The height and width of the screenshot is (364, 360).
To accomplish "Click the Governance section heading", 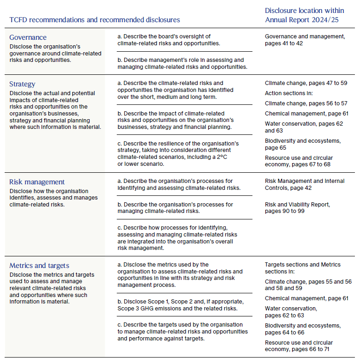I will (28, 37).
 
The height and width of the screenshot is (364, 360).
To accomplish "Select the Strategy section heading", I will (23, 84).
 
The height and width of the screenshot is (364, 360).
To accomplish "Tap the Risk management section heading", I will (37, 182).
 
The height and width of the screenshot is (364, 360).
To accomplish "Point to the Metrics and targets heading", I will (39, 265).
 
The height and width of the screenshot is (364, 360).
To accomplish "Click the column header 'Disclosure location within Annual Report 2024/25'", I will (305, 15).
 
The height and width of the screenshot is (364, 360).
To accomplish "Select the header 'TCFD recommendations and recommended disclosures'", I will (95, 20).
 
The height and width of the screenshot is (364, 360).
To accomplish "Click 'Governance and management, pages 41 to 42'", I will (305, 40).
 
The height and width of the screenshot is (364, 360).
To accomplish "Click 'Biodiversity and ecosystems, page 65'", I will (302, 144).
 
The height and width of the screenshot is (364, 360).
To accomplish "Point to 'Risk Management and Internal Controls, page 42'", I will (305, 185).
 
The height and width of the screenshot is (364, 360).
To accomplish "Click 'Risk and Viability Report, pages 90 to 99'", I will (298, 207).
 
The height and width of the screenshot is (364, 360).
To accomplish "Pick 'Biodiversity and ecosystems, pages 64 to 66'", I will (303, 329).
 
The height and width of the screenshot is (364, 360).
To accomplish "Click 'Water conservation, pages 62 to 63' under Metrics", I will (291, 312).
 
